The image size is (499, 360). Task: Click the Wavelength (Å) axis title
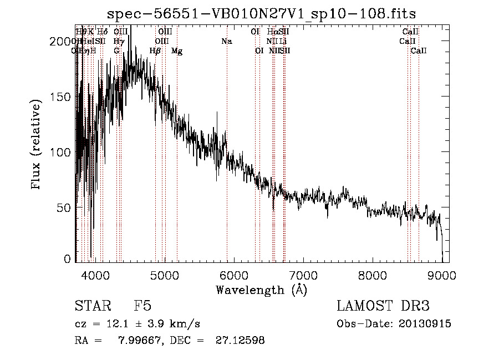pos(261,290)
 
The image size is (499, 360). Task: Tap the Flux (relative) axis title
pos(37,145)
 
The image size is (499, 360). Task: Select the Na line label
pos(226,42)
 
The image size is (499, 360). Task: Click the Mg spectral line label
pos(177,51)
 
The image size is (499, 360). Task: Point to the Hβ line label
pos(155,51)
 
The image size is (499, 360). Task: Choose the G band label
pos(116,51)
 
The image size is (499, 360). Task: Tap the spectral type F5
pos(142,306)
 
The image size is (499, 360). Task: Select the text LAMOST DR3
pos(383,306)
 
